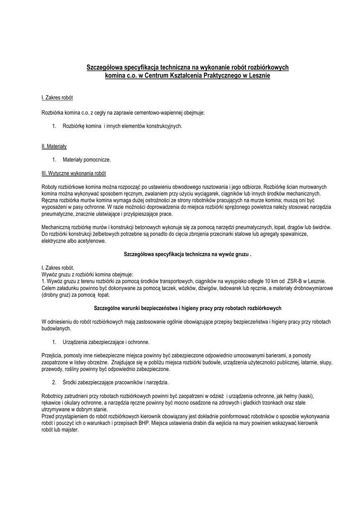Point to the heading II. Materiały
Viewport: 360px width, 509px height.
tap(54, 147)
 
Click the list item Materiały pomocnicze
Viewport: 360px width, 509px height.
tap(87, 160)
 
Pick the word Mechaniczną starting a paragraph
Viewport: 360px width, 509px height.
tap(57, 227)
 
